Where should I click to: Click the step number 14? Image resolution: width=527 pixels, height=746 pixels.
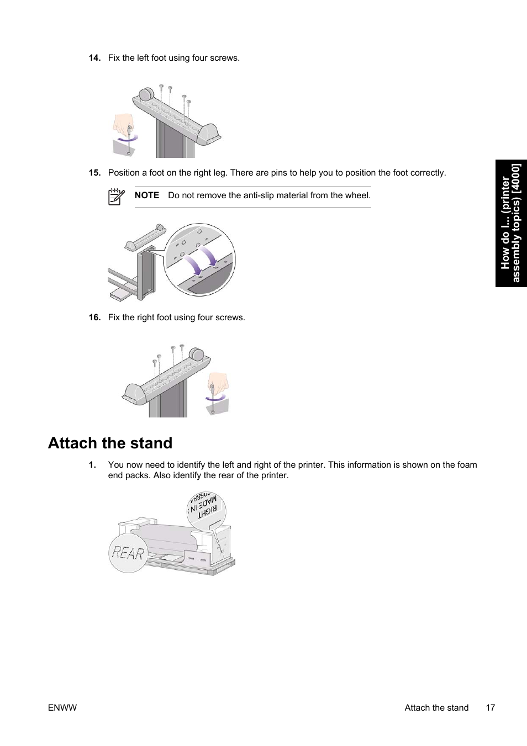click(94, 58)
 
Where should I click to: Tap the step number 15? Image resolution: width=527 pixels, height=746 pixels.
click(94, 173)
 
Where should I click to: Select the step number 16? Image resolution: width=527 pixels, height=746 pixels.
click(94, 318)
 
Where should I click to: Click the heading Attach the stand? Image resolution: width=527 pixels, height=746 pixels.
click(110, 443)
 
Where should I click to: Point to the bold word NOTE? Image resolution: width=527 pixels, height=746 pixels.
click(146, 195)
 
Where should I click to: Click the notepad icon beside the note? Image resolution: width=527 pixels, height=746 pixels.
click(116, 197)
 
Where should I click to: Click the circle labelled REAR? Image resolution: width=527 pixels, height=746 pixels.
click(128, 552)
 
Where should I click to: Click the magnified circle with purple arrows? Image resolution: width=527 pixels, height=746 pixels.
click(199, 260)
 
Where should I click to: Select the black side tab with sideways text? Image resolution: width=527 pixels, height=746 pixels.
click(511, 223)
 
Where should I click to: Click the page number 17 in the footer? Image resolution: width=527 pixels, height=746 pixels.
click(490, 708)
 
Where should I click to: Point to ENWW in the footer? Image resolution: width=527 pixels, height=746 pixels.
click(62, 708)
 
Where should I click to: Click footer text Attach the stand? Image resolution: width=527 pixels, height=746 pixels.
click(436, 708)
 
